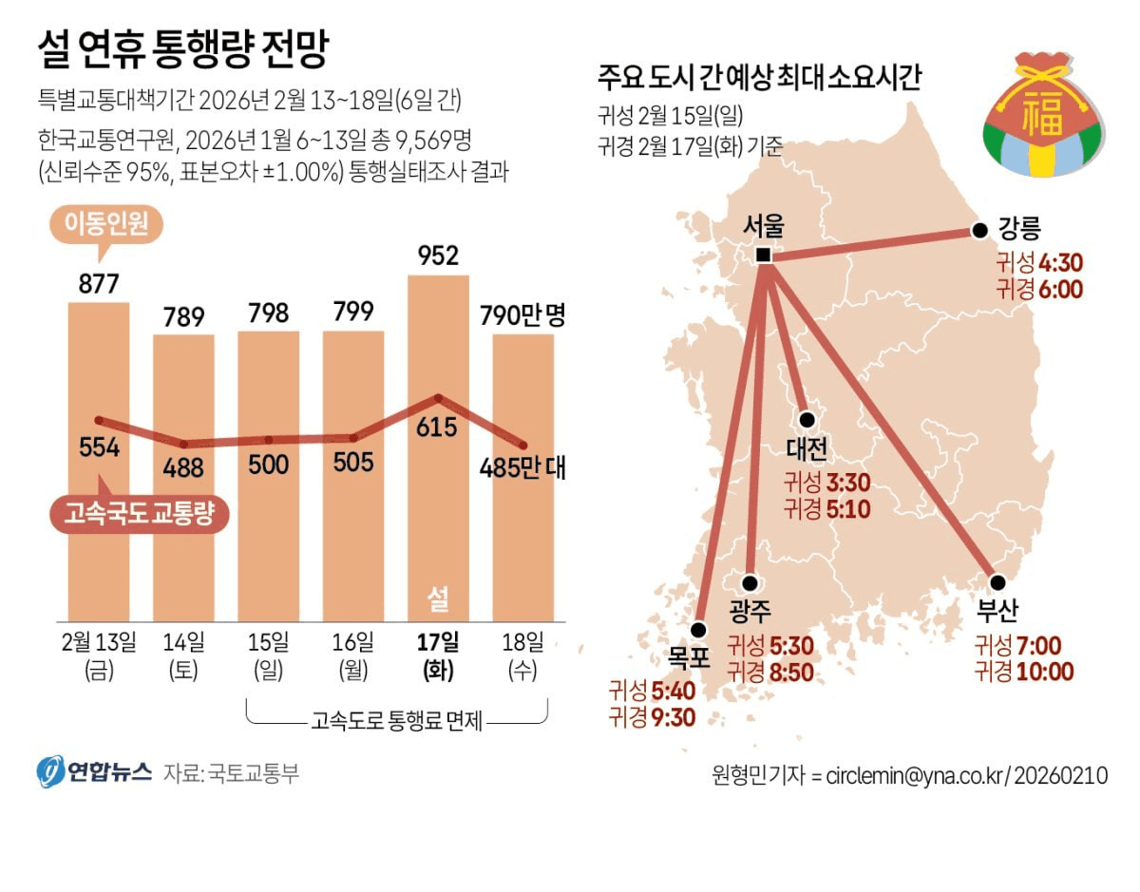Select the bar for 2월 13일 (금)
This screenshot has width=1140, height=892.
click(99, 456)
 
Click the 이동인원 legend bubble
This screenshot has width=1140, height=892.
click(105, 225)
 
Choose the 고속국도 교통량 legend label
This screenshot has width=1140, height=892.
click(140, 514)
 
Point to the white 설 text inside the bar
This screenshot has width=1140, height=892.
click(438, 598)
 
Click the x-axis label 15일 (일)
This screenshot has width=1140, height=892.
click(269, 655)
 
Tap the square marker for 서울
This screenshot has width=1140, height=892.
click(763, 256)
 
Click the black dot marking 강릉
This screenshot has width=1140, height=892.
click(978, 231)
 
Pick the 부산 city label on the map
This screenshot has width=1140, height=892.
click(997, 609)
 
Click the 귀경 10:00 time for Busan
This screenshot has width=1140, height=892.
click(1024, 672)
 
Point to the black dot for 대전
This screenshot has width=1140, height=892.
click(807, 419)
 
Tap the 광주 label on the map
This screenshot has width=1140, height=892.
click(750, 609)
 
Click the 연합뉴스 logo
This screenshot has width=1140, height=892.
click(95, 771)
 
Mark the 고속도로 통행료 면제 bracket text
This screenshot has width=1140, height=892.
click(397, 722)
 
